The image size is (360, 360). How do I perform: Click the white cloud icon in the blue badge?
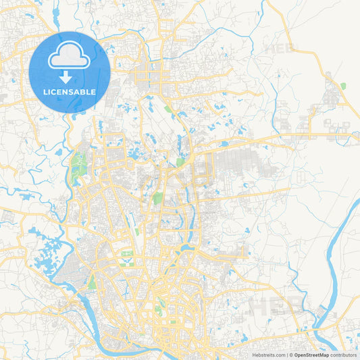(x=70, y=57)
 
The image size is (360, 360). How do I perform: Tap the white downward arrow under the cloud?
(x=70, y=77)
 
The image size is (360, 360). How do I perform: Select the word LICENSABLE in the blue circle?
(x=70, y=91)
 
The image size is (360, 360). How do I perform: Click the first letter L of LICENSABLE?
(x=45, y=91)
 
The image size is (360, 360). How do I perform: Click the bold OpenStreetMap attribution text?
(x=310, y=354)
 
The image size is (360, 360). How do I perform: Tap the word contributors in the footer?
(x=342, y=354)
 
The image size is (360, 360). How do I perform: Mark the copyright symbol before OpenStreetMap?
(x=291, y=354)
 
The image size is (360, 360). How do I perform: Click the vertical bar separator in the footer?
(x=286, y=354)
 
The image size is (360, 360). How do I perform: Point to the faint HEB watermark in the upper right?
(x=280, y=49)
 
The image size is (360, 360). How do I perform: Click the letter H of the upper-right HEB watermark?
(x=270, y=49)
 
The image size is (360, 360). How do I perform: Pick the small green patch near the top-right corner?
(x=343, y=86)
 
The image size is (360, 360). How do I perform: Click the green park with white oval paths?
(x=126, y=255)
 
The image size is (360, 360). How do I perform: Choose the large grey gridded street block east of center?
(x=236, y=165)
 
